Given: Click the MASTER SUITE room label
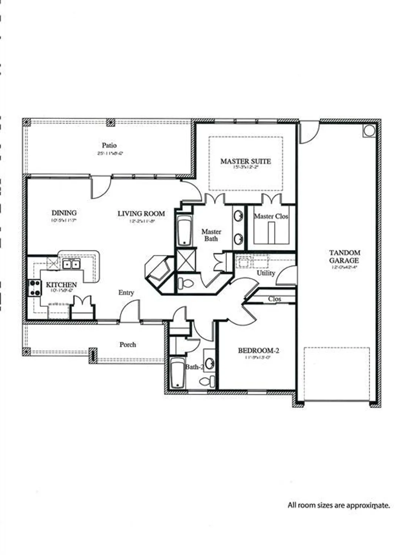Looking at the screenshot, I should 246,161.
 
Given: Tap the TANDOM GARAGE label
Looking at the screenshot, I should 344,256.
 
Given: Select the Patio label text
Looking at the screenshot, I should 109,145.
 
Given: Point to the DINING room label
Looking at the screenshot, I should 64,213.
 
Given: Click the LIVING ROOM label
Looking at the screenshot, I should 141,213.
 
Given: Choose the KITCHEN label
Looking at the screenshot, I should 61,285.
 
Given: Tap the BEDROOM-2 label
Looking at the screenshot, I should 258,350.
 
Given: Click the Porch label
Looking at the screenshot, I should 127,344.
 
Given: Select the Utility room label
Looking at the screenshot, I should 266,273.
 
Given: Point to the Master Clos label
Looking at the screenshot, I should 271,216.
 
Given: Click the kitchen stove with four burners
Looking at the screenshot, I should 35,288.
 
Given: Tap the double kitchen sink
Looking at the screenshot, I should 71,264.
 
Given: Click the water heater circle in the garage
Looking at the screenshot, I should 369,130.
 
